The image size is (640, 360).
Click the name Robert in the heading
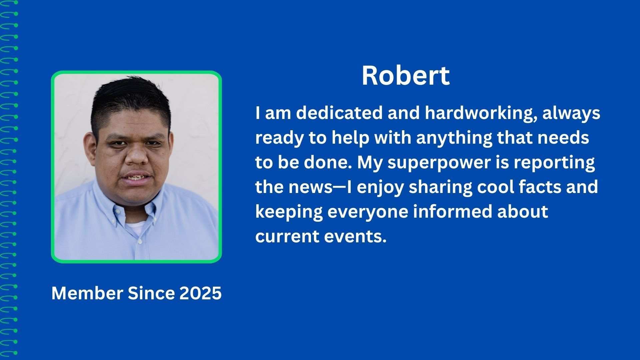click(406, 76)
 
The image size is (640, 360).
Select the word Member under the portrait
click(87, 293)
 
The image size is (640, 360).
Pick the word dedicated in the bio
click(339, 113)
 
